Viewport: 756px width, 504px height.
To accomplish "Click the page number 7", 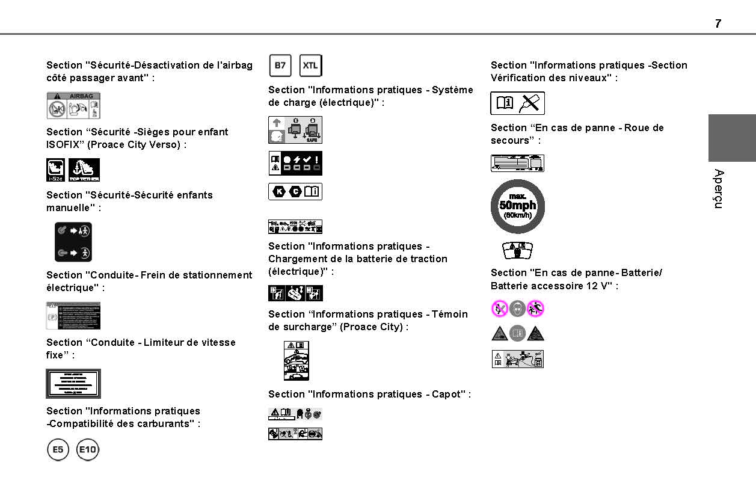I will [x=718, y=24].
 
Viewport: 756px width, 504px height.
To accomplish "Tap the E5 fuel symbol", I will [x=58, y=450].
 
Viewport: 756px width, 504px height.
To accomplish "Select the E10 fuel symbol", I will [x=88, y=450].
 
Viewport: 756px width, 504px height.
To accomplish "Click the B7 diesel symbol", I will [x=280, y=66].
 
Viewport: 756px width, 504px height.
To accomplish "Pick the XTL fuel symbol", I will [x=310, y=66].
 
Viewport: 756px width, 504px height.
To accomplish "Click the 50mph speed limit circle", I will [x=517, y=206].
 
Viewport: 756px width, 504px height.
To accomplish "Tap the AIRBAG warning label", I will [x=73, y=105].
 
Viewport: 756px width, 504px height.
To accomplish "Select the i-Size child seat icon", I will [x=55, y=170].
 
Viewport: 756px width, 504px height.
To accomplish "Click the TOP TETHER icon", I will [x=84, y=170].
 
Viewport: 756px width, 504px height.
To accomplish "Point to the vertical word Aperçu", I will [x=718, y=189].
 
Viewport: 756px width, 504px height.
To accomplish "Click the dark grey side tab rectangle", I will [x=731, y=138].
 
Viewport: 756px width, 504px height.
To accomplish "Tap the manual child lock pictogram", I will [x=73, y=242].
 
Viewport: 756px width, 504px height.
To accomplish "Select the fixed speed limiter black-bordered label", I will [x=73, y=384].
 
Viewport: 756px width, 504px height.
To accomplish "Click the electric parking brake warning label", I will [x=73, y=316].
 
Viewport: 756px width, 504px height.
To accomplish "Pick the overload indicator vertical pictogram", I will [x=297, y=360].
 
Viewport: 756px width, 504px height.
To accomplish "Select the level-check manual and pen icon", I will [x=517, y=103].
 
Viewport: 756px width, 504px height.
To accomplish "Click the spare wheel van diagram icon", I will [x=517, y=163].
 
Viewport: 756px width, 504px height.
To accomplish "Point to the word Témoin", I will [x=449, y=315].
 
